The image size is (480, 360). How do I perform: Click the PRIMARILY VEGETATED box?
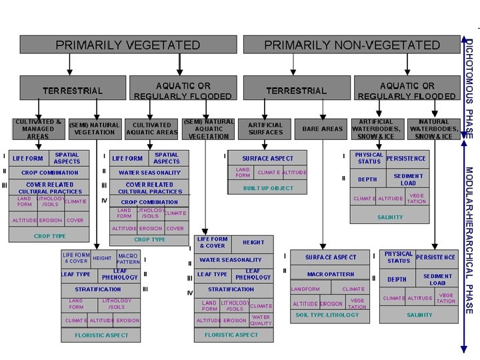click(127, 45)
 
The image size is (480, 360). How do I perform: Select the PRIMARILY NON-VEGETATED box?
click(352, 45)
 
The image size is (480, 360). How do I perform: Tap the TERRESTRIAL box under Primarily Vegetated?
click(73, 91)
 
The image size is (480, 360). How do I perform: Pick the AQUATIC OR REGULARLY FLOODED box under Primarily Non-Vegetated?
click(407, 91)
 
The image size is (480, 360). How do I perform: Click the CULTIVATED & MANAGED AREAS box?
click(38, 129)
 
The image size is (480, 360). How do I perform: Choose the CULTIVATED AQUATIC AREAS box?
click(152, 129)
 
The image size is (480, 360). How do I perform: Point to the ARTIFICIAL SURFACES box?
click(265, 129)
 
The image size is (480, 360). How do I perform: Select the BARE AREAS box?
click(322, 129)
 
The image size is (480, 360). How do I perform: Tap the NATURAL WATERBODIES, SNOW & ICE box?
click(434, 129)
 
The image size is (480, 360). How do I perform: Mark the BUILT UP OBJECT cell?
click(268, 188)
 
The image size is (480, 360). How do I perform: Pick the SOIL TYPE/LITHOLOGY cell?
click(327, 315)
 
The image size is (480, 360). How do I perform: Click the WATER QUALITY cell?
click(261, 321)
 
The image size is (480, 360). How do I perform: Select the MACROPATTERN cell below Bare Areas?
click(331, 274)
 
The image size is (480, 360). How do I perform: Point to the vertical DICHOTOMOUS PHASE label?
click(469, 87)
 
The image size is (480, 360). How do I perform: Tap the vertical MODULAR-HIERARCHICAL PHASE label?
click(469, 240)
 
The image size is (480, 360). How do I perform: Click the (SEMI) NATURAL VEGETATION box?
click(95, 129)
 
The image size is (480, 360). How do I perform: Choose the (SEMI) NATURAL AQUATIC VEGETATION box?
click(209, 129)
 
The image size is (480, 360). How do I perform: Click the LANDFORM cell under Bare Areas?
click(305, 289)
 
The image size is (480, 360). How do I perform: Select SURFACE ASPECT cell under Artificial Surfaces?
click(268, 159)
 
